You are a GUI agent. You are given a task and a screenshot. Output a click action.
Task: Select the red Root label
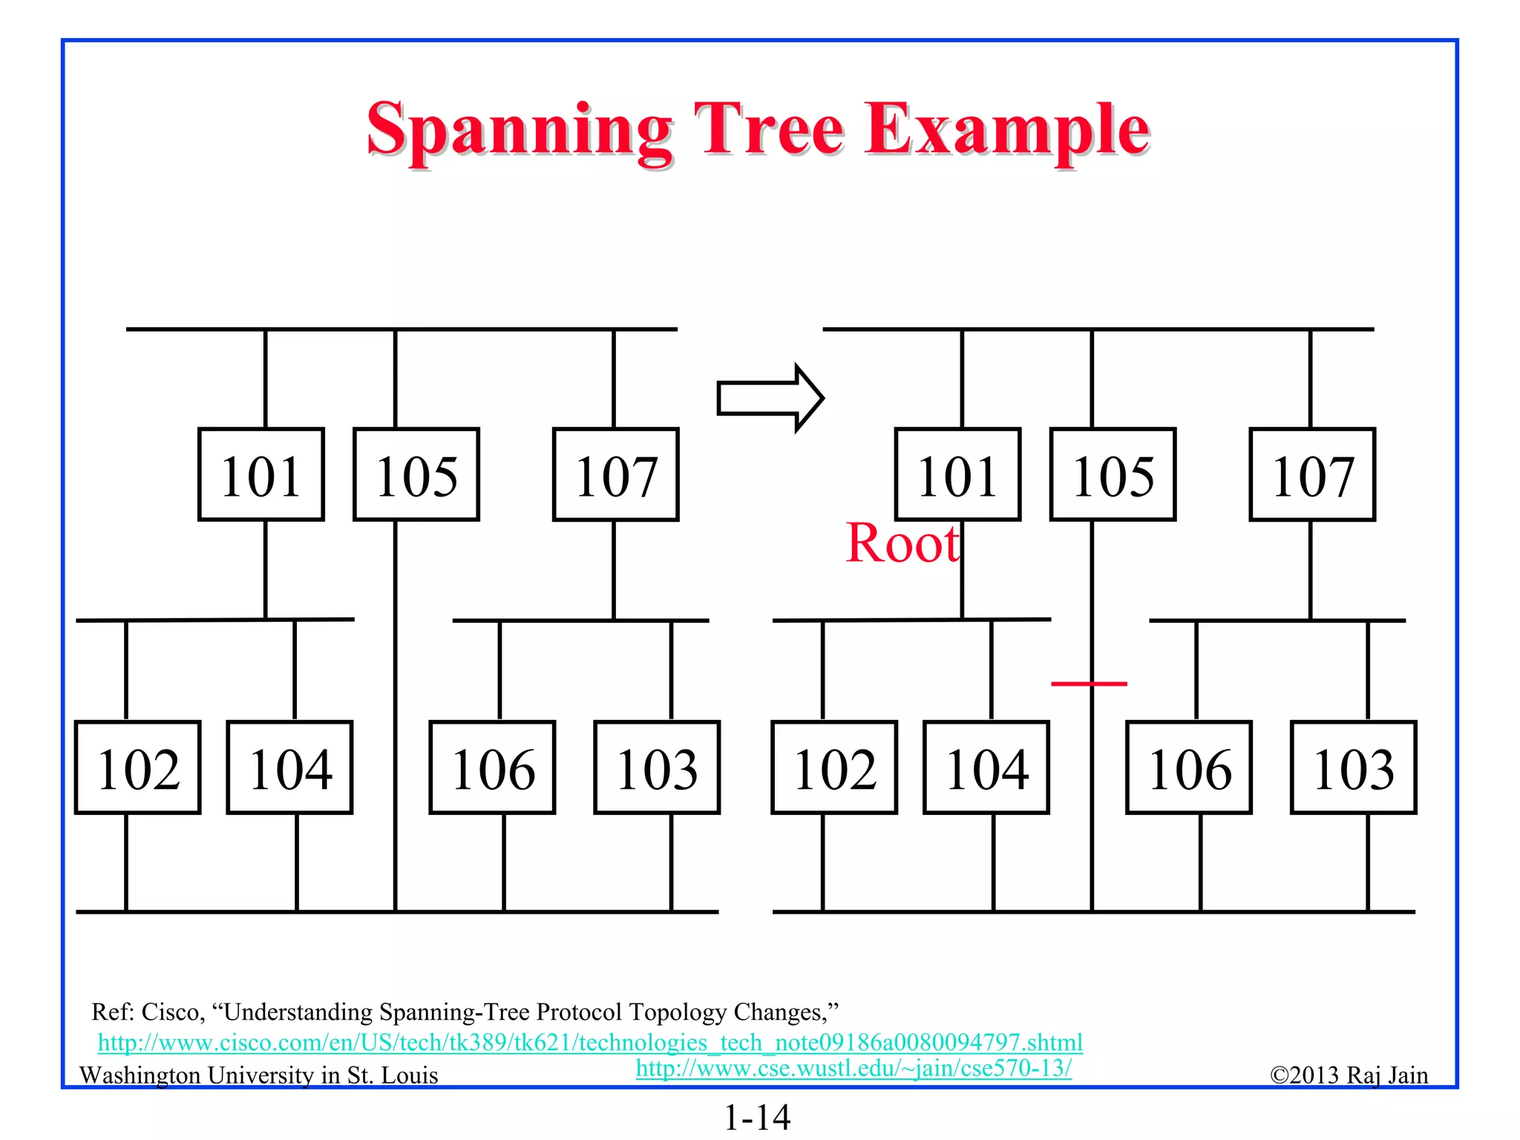902,543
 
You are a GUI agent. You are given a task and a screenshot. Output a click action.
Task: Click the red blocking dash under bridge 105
1089,683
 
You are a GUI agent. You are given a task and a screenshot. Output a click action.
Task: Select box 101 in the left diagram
261,475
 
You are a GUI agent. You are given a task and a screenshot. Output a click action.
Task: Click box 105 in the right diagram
1113,475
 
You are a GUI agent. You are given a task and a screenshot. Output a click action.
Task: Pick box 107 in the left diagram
616,475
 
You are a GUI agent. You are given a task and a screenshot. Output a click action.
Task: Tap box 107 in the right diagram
1312,475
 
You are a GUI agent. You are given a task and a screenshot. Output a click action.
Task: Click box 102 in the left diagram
138,767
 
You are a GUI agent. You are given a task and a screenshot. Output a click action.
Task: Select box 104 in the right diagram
986,767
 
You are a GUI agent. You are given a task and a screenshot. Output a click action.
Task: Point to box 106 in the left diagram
492,767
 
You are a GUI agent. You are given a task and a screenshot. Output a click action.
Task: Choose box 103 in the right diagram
1354,767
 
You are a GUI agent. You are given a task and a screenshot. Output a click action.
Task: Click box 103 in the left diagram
657,767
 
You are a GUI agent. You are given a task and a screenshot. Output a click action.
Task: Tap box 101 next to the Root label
957,475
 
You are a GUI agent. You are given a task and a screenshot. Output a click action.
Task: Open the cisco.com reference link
590,1042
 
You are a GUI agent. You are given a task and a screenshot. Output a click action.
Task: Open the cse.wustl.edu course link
854,1068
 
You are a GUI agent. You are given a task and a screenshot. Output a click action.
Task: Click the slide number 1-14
757,1117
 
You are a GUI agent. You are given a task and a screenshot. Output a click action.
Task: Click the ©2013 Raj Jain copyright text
1349,1075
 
